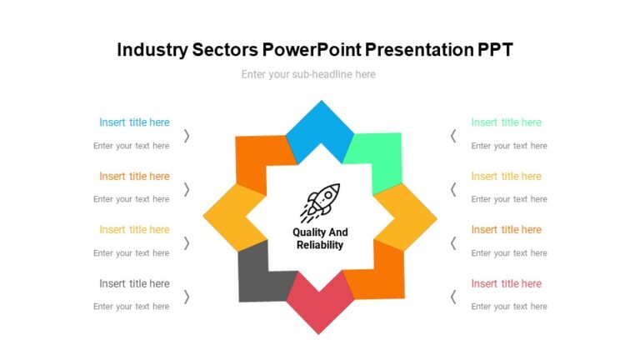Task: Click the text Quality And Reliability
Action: click(320, 238)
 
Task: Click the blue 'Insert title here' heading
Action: click(134, 122)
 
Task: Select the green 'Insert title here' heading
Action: click(506, 122)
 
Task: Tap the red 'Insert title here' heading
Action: click(506, 283)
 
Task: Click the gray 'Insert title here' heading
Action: click(134, 283)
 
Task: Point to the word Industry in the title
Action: click(151, 50)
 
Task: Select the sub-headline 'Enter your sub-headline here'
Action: click(308, 74)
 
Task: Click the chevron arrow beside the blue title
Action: click(187, 135)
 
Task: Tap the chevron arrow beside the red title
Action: click(453, 296)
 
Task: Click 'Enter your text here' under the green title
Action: click(508, 146)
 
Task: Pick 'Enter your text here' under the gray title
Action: click(131, 307)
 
